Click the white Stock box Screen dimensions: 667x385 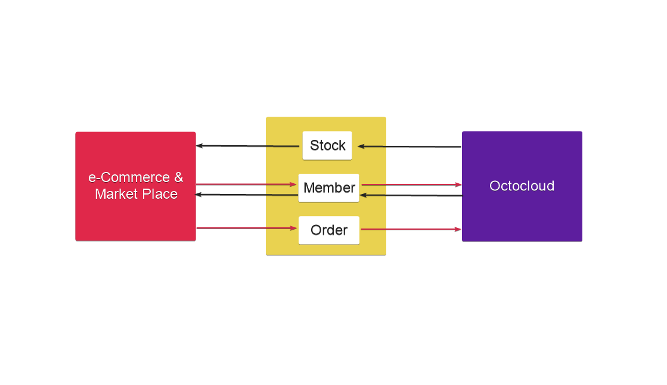[327, 145]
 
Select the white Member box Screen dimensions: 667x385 [329, 187]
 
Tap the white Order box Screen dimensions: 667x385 [329, 230]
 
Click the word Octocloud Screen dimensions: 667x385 [522, 186]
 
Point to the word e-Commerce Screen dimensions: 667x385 [129, 177]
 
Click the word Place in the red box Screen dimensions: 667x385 [160, 194]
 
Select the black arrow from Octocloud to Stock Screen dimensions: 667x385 [409, 146]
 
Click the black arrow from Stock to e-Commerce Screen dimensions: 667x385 [247, 146]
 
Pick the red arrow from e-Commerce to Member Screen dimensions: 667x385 [246, 184]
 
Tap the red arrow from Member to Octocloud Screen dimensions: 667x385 [411, 184]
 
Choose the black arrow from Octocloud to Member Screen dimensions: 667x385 [411, 195]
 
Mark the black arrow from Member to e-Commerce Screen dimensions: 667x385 [246, 195]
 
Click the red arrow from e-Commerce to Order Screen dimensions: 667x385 [247, 228]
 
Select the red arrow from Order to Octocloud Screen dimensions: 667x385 [411, 229]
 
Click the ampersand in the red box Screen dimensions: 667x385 [179, 177]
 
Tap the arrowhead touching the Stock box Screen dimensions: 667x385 [361, 146]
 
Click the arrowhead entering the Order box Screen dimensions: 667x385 [293, 229]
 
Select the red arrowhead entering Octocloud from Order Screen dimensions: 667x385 [458, 229]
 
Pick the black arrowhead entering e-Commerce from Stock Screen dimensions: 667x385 [199, 146]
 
